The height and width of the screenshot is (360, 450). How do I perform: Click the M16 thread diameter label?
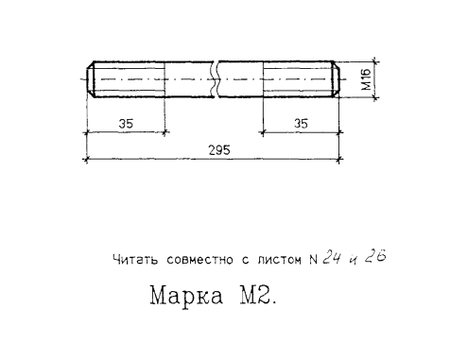point(367,79)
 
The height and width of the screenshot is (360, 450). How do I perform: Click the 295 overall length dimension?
point(219,150)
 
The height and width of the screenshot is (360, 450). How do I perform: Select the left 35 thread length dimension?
point(126,124)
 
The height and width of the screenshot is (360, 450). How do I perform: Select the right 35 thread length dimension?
point(301,123)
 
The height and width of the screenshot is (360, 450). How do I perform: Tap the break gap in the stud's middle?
point(216,79)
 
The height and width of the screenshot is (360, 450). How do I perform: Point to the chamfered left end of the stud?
point(91,79)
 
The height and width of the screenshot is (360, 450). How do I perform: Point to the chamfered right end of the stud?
point(336,79)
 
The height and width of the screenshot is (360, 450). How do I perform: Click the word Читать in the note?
point(135,260)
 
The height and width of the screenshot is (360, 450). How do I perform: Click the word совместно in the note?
point(200,260)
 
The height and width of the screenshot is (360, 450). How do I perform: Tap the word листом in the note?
point(279,260)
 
